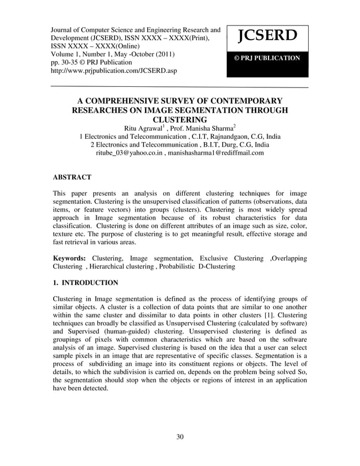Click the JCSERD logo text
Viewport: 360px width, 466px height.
pos(267,37)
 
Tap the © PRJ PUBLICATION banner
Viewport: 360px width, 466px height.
pos(267,58)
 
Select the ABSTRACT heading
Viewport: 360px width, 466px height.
pos(72,177)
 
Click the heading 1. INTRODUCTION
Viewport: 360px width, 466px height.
pos(85,283)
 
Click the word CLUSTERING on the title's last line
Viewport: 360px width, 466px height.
pos(180,120)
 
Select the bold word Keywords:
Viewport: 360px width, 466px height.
pos(70,258)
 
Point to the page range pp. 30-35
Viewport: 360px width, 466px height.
pos(70,63)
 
